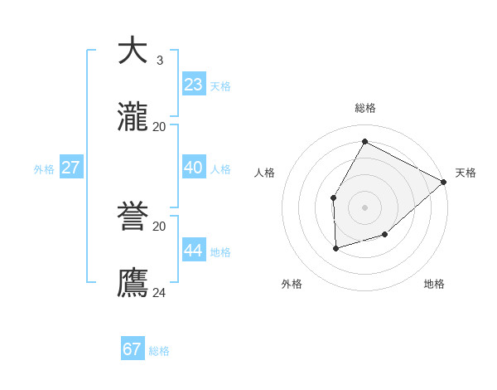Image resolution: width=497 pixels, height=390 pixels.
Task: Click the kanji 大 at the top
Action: (x=133, y=51)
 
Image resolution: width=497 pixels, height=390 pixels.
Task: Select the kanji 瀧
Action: (x=133, y=117)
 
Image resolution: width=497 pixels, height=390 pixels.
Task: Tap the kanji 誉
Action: (x=133, y=217)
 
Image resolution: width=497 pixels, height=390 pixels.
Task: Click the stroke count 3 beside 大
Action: (x=159, y=60)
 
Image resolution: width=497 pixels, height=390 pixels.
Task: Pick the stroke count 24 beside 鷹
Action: (x=159, y=292)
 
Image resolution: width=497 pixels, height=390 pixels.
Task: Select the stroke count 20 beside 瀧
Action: (x=159, y=126)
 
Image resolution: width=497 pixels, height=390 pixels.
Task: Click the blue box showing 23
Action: (x=193, y=85)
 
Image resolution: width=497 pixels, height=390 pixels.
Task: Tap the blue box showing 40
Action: (x=193, y=168)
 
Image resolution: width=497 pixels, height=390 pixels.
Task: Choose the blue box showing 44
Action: (x=193, y=251)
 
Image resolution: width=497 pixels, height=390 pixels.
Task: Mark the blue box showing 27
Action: (x=70, y=168)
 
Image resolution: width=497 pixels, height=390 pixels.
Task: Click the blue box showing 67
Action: (x=132, y=349)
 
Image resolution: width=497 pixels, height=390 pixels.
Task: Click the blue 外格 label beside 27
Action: (x=44, y=169)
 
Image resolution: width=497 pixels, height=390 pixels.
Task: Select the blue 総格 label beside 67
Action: (x=159, y=351)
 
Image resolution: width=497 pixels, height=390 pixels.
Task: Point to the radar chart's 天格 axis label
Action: (x=466, y=173)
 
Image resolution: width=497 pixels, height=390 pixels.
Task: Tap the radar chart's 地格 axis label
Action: (x=434, y=284)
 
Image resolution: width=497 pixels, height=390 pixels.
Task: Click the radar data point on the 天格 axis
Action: (x=443, y=182)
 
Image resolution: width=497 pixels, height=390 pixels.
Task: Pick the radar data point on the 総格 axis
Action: (x=364, y=141)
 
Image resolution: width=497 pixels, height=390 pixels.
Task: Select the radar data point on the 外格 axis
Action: (x=335, y=248)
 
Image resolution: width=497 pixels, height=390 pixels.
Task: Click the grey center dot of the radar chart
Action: (x=364, y=207)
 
